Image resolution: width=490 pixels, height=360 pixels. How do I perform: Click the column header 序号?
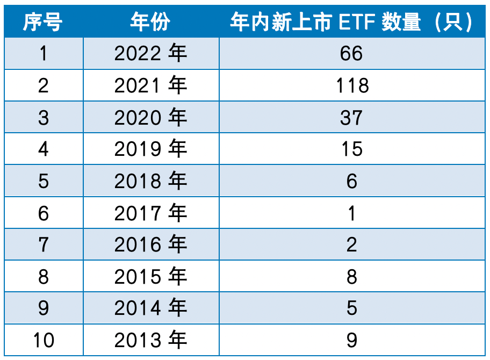click(43, 22)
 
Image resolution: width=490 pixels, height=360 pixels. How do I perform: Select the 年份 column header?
click(150, 22)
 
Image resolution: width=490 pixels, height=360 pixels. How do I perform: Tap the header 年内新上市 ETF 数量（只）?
click(352, 22)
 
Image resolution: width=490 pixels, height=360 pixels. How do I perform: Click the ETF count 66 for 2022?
click(352, 53)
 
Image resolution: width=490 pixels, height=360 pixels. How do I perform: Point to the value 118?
click(352, 85)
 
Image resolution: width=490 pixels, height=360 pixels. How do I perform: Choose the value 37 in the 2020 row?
click(352, 117)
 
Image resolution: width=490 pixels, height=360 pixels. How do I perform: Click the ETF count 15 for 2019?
click(352, 149)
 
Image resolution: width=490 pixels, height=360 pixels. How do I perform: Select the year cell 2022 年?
click(150, 53)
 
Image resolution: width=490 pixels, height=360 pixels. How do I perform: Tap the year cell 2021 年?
click(150, 85)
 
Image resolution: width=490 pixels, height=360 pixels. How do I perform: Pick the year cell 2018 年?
click(150, 181)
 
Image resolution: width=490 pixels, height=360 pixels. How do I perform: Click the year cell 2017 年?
click(150, 213)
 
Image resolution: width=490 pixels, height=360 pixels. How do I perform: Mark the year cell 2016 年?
click(150, 245)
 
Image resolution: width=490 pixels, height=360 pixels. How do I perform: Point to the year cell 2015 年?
click(150, 277)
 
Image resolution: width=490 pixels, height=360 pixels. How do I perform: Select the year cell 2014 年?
click(150, 308)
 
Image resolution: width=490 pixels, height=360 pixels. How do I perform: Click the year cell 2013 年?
click(150, 340)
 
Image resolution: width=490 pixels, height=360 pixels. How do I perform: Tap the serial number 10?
click(43, 340)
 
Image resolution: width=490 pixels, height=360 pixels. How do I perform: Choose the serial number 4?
click(43, 149)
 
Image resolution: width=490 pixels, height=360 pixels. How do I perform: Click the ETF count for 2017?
click(352, 213)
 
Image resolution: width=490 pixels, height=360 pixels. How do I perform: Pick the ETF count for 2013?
click(352, 340)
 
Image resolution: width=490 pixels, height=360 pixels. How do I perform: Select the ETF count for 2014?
click(352, 308)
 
